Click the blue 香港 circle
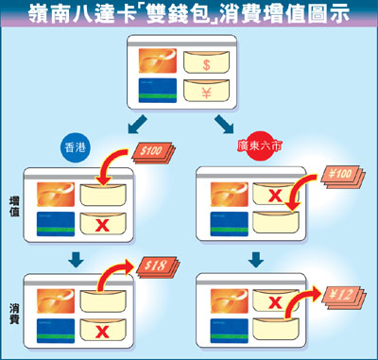pyautogui.click(x=75, y=147)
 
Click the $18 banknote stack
pyautogui.click(x=158, y=266)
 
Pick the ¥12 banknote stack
pyautogui.click(x=343, y=296)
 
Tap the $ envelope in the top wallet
pyautogui.click(x=206, y=62)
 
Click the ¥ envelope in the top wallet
pyautogui.click(x=206, y=91)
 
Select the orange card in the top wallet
pyautogui.click(x=158, y=60)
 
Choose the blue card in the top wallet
pyautogui.click(x=158, y=91)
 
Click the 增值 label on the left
pyautogui.click(x=14, y=206)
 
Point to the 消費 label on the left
pyautogui.click(x=14, y=314)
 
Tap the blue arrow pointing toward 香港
pyautogui.click(x=138, y=125)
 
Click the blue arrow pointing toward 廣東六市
pyautogui.click(x=224, y=125)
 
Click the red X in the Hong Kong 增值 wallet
pyautogui.click(x=102, y=225)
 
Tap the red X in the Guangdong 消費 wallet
pyautogui.click(x=275, y=302)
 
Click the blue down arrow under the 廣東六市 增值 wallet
pyautogui.click(x=256, y=260)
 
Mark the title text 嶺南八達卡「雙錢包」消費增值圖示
pyautogui.click(x=189, y=13)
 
